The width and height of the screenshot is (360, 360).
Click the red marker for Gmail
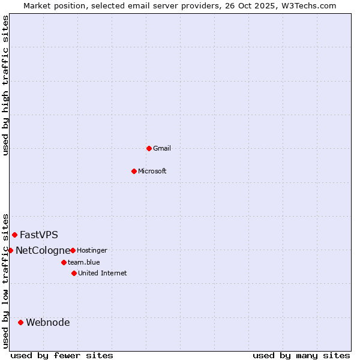(149, 148)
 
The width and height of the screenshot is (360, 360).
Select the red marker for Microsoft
(134, 171)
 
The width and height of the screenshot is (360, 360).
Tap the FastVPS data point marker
(14, 235)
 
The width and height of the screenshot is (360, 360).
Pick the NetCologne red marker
(10, 250)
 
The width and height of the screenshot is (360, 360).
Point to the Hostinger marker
(73, 250)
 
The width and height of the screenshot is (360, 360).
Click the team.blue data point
(64, 262)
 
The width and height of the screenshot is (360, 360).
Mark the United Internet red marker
(74, 273)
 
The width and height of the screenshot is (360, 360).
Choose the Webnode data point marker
(20, 322)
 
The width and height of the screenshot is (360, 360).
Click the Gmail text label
(162, 148)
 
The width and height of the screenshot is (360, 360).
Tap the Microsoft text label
(152, 171)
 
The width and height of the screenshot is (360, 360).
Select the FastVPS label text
(39, 235)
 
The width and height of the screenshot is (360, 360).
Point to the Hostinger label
(92, 250)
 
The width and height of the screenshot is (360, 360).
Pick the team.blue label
(84, 262)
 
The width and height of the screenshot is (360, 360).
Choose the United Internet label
(103, 273)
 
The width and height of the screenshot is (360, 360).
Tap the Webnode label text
(48, 322)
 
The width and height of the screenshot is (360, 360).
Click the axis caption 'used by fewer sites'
(62, 355)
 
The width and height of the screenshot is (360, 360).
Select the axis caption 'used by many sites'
(301, 355)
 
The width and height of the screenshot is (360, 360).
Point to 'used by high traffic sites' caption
(5, 85)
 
